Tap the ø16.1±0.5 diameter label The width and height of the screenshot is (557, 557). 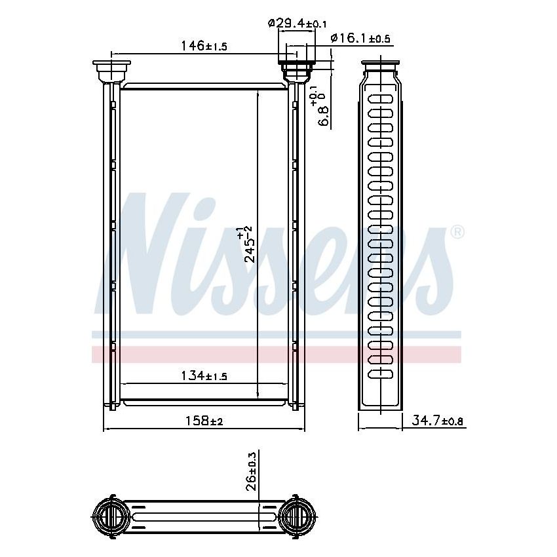pos(360,39)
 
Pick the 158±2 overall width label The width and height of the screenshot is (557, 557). pos(204,420)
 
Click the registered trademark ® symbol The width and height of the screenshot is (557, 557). pos(457,232)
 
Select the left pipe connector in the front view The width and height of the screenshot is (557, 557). pos(111,70)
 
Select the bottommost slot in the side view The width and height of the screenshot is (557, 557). pos(381,374)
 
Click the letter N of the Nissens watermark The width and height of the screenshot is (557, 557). pos(141,256)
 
